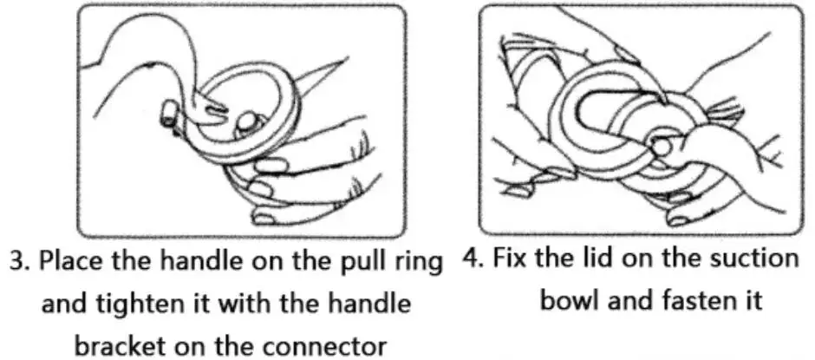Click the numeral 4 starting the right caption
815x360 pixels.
coord(471,259)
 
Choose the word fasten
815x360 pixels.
coord(690,300)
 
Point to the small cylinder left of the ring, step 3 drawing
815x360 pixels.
coord(169,114)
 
